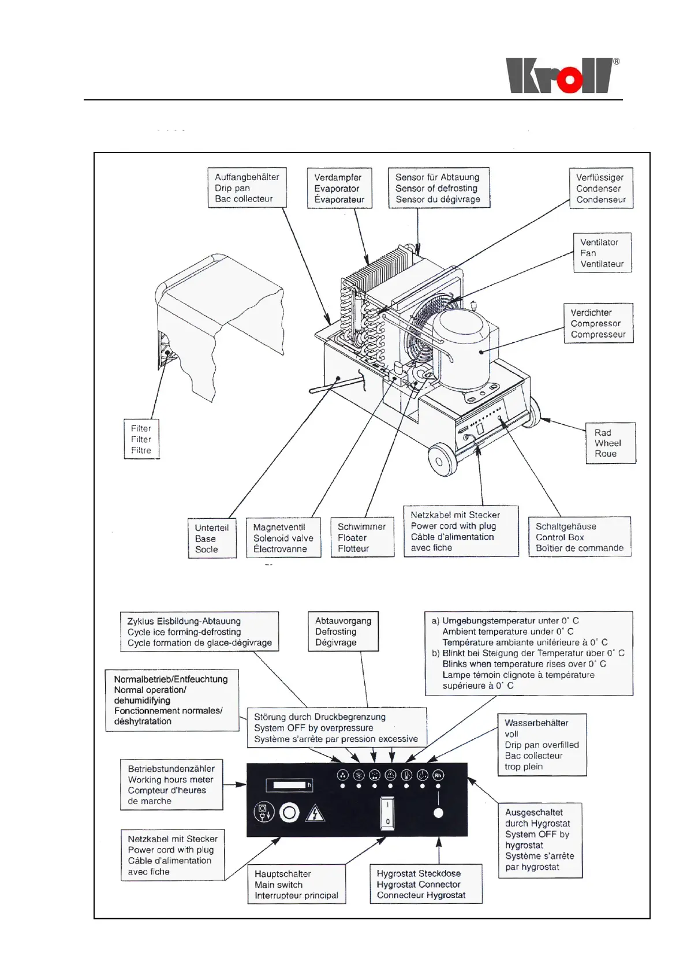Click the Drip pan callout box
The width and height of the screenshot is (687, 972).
click(247, 188)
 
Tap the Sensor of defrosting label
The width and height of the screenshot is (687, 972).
click(438, 188)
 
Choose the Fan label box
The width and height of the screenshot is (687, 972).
click(602, 253)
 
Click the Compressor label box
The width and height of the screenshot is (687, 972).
click(598, 323)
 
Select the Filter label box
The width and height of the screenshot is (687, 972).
click(141, 439)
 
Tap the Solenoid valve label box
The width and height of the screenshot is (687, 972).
click(283, 538)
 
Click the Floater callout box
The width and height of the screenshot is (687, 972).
click(361, 538)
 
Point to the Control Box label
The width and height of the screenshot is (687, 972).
click(579, 537)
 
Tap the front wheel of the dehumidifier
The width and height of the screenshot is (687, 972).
click(442, 460)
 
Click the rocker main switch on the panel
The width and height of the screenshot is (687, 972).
click(387, 813)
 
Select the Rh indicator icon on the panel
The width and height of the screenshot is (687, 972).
click(438, 775)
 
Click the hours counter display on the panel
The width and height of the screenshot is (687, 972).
click(289, 785)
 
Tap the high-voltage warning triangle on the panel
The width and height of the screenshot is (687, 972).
click(315, 813)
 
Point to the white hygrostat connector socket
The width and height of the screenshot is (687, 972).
click(438, 813)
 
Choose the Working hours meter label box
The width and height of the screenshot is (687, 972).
click(171, 785)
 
